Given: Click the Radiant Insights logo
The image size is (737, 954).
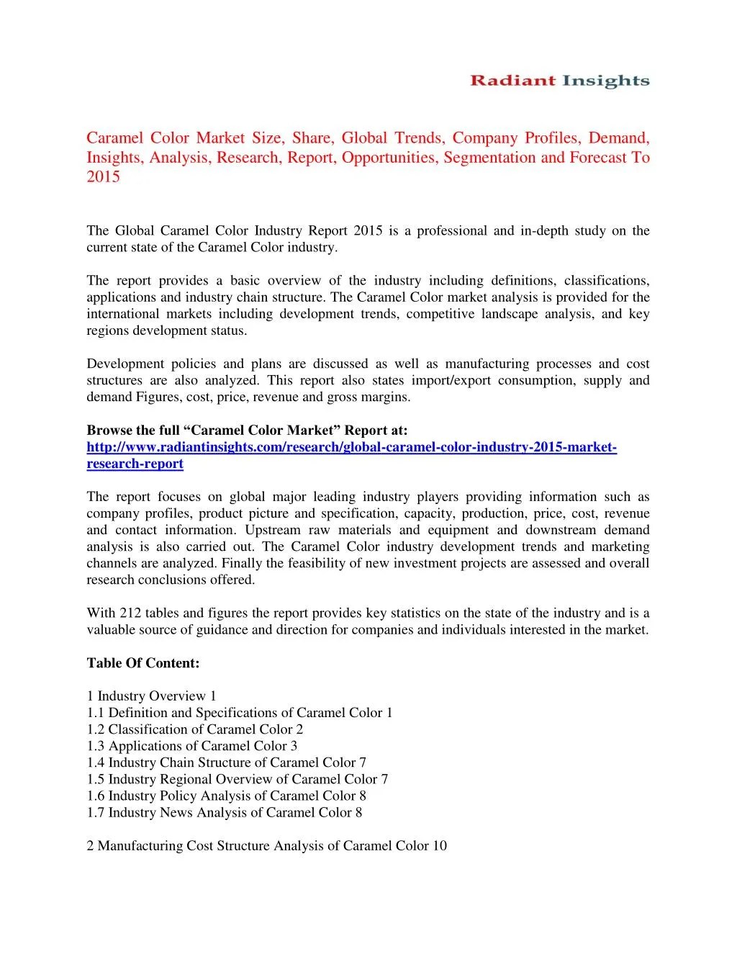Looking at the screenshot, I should [559, 81].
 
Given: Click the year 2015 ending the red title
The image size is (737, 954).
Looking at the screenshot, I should [104, 177].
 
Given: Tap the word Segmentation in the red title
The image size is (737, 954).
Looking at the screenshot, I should [490, 157].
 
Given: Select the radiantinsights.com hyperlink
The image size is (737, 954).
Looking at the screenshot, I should [351, 456].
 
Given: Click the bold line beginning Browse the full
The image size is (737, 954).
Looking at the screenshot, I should [247, 431].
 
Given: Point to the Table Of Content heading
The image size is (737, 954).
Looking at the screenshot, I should [143, 663].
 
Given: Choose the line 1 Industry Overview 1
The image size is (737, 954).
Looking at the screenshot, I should [151, 696].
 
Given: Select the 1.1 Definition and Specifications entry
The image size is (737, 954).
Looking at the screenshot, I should [240, 713].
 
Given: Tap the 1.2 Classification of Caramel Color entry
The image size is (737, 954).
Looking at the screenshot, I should [195, 729].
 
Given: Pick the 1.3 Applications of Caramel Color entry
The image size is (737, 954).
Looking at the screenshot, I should [192, 746].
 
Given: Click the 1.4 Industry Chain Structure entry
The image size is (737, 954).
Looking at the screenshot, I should [227, 762].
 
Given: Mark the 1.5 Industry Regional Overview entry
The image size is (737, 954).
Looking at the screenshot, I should [238, 779].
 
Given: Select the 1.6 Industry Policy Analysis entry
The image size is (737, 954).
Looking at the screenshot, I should [227, 796].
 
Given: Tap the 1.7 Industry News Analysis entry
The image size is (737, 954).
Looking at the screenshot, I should [225, 812].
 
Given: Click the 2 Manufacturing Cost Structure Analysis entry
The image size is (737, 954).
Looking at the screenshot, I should [267, 846].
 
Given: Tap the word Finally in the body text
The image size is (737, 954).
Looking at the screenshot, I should [241, 564].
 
